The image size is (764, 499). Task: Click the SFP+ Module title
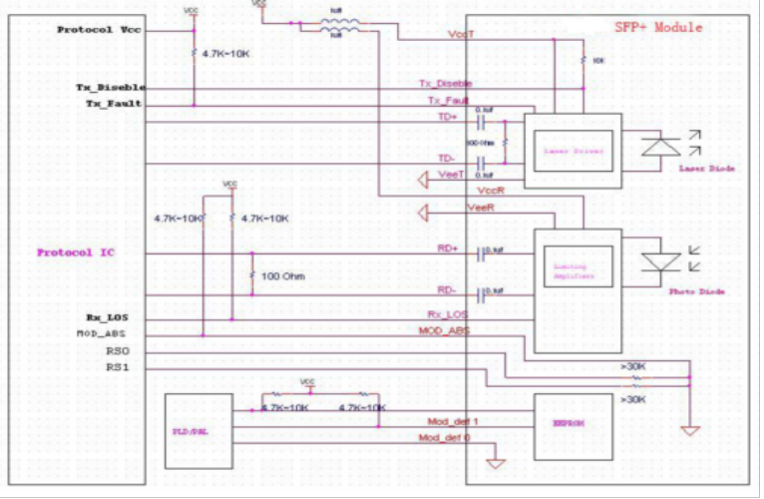point(657,27)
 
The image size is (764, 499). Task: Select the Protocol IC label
point(75,252)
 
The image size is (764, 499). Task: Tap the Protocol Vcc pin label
point(99,30)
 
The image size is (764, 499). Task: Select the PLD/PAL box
point(196,431)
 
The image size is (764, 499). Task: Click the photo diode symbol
point(659,263)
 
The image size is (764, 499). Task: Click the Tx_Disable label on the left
point(111,87)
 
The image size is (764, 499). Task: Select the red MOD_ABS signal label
point(444,330)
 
